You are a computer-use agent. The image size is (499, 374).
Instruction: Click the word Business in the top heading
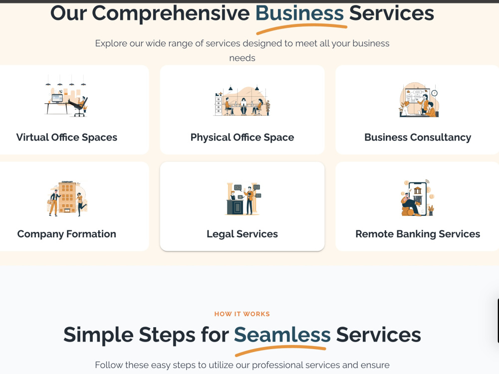(299, 13)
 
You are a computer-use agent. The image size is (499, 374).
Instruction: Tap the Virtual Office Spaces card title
(66, 138)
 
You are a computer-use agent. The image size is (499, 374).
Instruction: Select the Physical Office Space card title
(242, 138)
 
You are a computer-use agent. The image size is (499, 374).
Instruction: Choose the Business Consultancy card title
(418, 138)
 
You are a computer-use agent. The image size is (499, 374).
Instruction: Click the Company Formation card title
(66, 234)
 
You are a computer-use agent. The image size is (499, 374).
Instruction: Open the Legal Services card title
(242, 234)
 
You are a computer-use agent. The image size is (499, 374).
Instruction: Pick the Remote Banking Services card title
(418, 234)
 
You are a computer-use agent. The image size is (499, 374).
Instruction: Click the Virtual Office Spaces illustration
(66, 96)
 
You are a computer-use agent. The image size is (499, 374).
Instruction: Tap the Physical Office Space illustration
(242, 101)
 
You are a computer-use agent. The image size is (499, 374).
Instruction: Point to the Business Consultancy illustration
(419, 100)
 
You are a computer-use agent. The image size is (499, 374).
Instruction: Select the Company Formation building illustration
(67, 198)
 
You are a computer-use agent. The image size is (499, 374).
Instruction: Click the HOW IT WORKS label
(242, 314)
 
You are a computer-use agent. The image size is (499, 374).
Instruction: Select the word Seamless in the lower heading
(282, 335)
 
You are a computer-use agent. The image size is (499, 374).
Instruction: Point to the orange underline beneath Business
(301, 28)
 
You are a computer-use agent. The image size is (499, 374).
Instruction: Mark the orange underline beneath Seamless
(280, 351)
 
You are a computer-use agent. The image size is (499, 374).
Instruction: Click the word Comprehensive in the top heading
(171, 13)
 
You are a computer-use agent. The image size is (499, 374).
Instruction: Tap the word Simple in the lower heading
(98, 335)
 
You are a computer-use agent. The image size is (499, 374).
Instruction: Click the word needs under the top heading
(242, 58)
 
